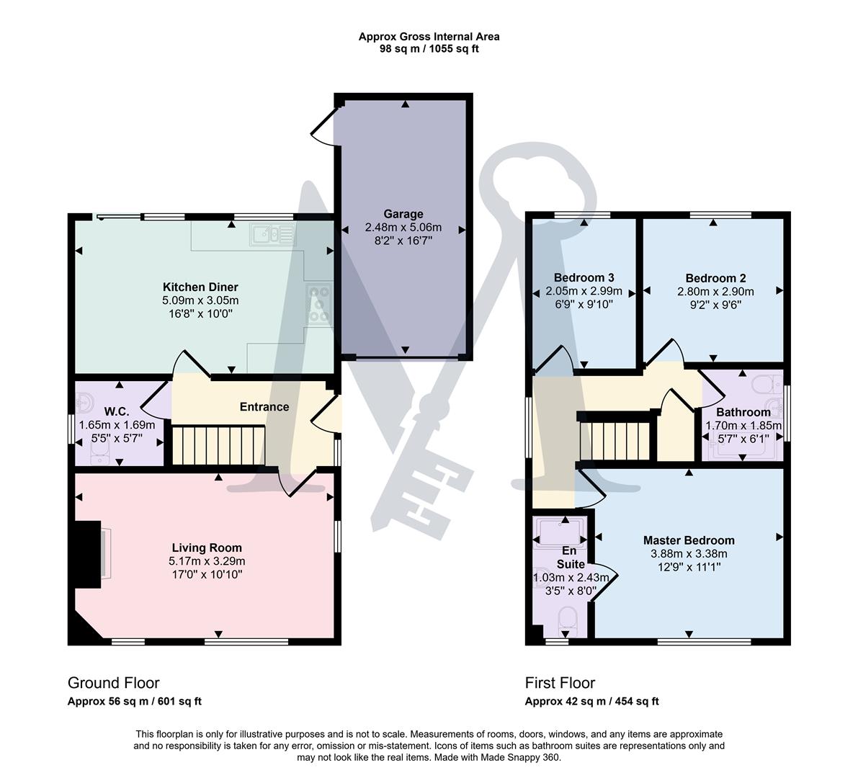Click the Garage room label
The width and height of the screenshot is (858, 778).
click(x=403, y=214)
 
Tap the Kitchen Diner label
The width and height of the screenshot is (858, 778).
click(x=200, y=287)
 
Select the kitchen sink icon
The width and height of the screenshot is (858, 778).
click(x=272, y=233)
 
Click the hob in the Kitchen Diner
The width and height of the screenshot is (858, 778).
click(x=318, y=305)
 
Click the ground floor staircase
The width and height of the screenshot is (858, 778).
click(x=218, y=445)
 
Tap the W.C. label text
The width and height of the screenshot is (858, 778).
click(x=116, y=411)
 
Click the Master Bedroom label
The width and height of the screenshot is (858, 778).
click(x=688, y=540)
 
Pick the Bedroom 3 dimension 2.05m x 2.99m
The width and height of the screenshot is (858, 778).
click(x=584, y=292)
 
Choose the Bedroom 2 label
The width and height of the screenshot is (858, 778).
click(x=715, y=278)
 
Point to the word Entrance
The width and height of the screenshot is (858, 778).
click(x=264, y=406)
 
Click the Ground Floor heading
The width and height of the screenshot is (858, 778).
click(x=113, y=683)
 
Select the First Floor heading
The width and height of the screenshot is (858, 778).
click(x=560, y=683)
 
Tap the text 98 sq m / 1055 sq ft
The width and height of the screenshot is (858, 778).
click(x=429, y=49)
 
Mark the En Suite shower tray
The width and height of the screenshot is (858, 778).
click(x=560, y=532)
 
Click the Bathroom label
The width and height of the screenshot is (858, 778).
click(x=743, y=412)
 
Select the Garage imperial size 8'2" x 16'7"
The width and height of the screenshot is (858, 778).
click(x=403, y=241)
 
